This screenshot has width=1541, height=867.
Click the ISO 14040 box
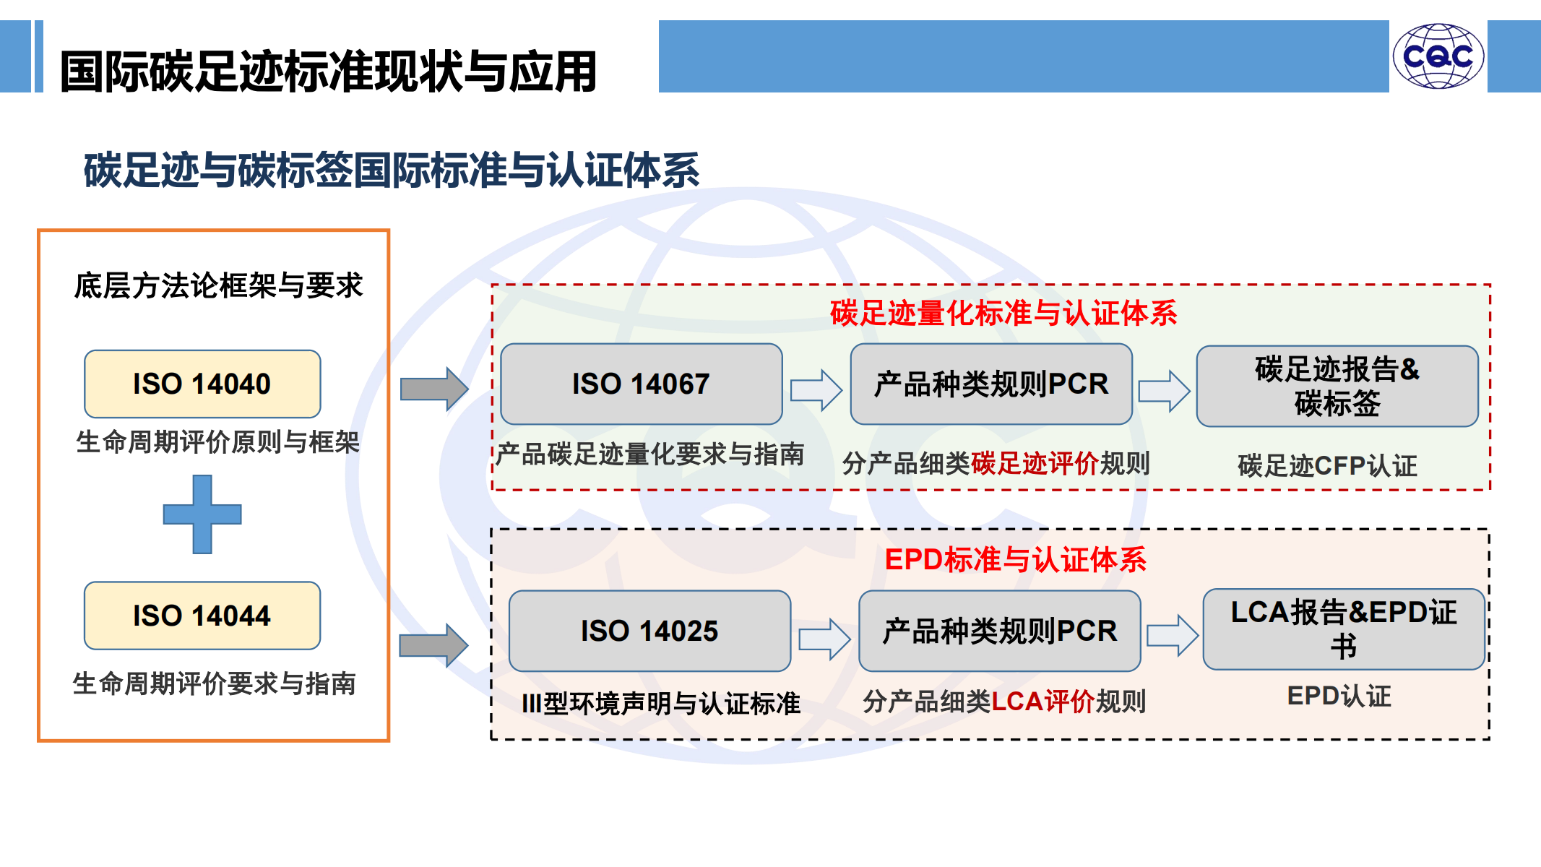tap(202, 384)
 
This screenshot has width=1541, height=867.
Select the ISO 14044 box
tap(202, 616)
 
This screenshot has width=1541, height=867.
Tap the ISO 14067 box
tap(642, 384)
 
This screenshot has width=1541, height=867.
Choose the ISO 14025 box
tap(650, 631)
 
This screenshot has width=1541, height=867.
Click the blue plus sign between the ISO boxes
tap(202, 514)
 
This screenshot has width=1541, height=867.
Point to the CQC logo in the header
tap(1438, 56)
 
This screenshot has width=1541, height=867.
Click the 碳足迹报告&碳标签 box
tap(1337, 386)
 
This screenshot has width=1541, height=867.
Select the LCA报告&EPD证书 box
tap(1344, 629)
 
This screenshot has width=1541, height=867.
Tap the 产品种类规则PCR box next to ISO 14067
tap(991, 384)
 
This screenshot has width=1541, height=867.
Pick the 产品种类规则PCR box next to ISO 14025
tap(1000, 631)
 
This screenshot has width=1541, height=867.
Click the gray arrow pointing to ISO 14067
tap(434, 389)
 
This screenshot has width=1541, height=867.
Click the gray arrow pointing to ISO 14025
tap(433, 645)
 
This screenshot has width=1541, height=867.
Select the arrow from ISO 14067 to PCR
tap(816, 390)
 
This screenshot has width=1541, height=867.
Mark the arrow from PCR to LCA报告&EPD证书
tap(1173, 636)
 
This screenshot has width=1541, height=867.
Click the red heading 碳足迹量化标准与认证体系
tap(1003, 313)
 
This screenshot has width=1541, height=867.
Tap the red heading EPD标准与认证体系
tap(1016, 559)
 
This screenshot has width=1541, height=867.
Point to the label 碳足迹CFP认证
tap(1327, 466)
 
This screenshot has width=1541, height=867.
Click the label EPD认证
tap(1339, 696)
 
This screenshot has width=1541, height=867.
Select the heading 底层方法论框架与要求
tap(218, 285)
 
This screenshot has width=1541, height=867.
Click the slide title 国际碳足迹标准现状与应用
tap(329, 72)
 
